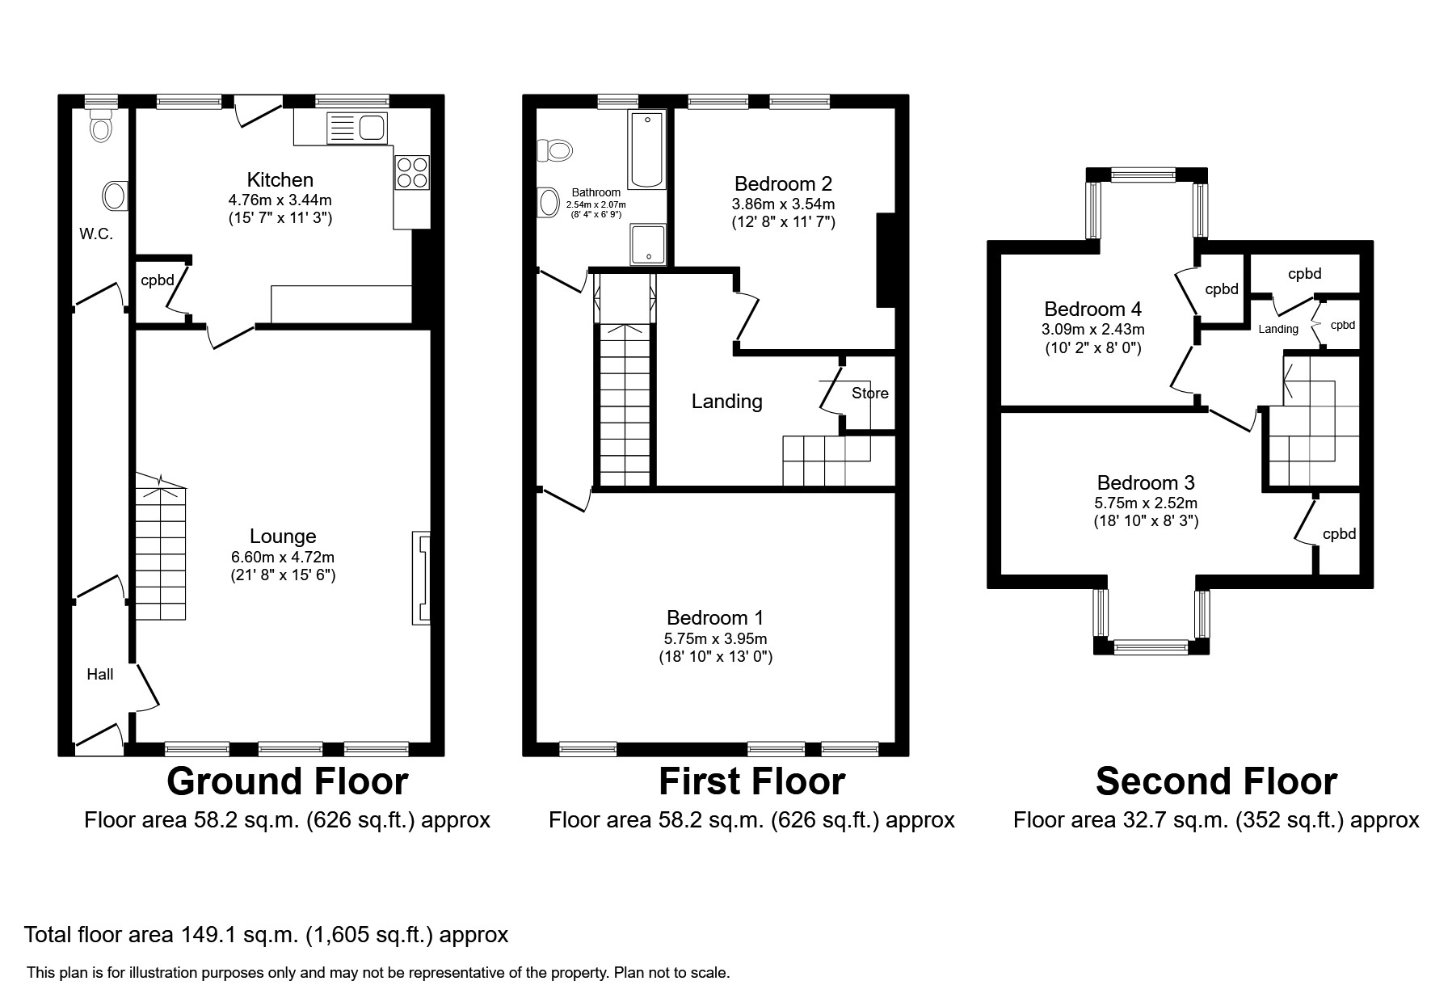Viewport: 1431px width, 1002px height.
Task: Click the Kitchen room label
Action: pyautogui.click(x=280, y=179)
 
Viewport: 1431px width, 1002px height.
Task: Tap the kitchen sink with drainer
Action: pyautogui.click(x=358, y=128)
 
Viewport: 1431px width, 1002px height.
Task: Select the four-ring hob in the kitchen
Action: pyautogui.click(x=412, y=172)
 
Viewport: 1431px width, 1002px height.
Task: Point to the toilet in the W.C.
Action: pyautogui.click(x=101, y=128)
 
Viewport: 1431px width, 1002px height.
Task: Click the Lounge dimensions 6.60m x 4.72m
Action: pyautogui.click(x=282, y=557)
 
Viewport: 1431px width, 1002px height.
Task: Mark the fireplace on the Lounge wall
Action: pyautogui.click(x=421, y=577)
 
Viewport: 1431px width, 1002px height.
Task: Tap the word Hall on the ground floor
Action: pyautogui.click(x=100, y=674)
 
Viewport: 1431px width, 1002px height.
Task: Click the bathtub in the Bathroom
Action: pyautogui.click(x=647, y=149)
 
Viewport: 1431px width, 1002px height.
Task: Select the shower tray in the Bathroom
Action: pyautogui.click(x=648, y=244)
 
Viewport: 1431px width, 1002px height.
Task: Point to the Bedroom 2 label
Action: pyautogui.click(x=783, y=184)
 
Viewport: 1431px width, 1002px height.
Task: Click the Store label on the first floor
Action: pyautogui.click(x=869, y=394)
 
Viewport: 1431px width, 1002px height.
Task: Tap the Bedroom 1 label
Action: pyautogui.click(x=715, y=618)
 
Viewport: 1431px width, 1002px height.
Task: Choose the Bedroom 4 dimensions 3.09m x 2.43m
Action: pyautogui.click(x=1092, y=330)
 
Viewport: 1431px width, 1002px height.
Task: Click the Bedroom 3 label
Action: pyautogui.click(x=1146, y=483)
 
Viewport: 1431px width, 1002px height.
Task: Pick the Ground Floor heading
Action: pyautogui.click(x=287, y=781)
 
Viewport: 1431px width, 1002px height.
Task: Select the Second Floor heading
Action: pyautogui.click(x=1216, y=781)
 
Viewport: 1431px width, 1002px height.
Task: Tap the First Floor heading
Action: pyautogui.click(x=751, y=781)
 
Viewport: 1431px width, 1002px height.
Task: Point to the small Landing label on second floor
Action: pyautogui.click(x=1278, y=329)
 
